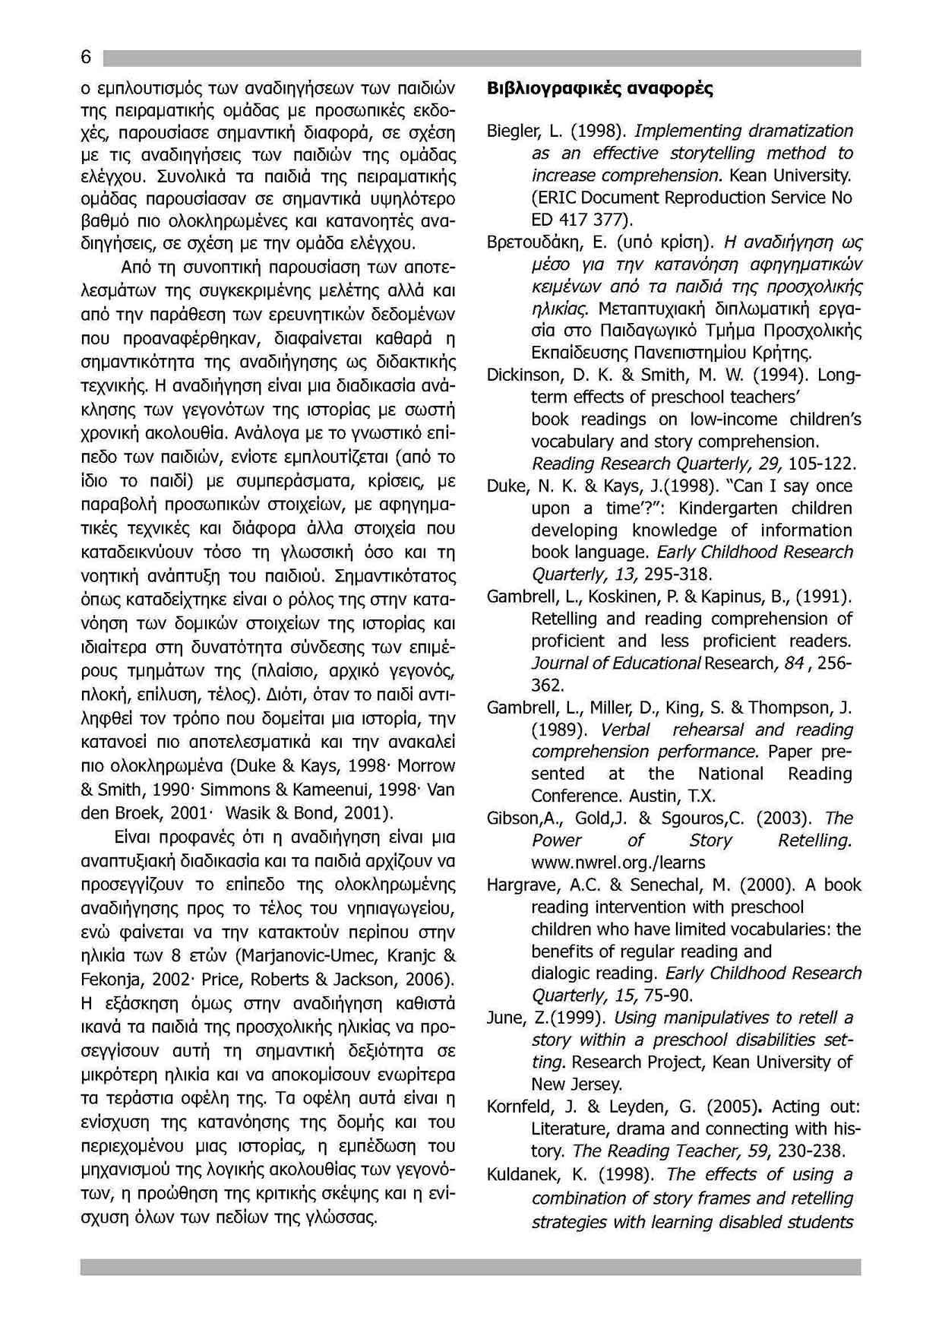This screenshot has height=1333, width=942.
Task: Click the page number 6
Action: [x=86, y=58]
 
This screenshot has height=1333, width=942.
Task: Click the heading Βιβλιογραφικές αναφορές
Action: [x=600, y=88]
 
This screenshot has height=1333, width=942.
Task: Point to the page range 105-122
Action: [x=823, y=464]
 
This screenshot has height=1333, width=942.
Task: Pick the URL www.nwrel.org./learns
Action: [x=618, y=863]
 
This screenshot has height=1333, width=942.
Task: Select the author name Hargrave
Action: [x=518, y=885]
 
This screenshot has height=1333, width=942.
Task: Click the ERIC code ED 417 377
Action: [x=579, y=220]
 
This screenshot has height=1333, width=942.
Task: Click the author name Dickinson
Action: [x=523, y=375]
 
